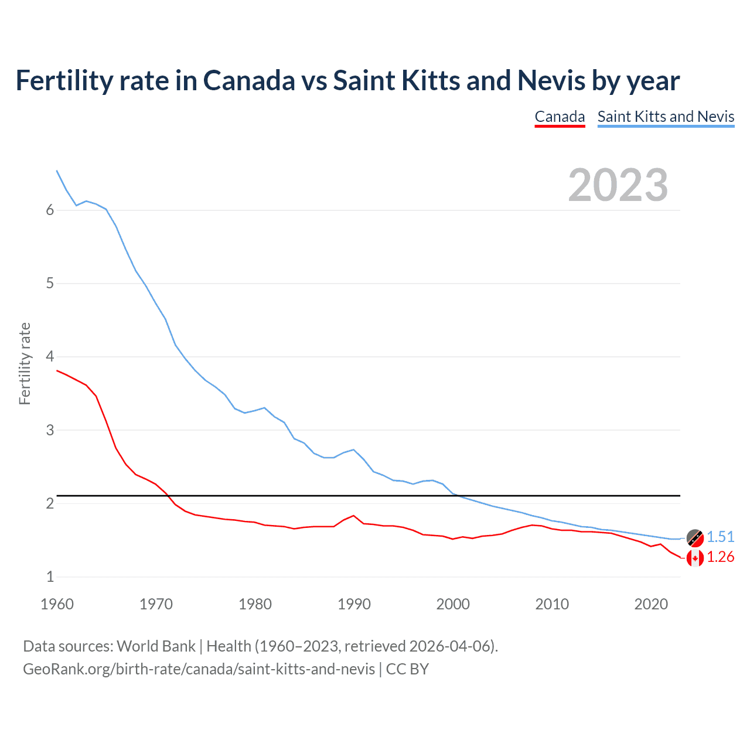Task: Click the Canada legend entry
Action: (560, 117)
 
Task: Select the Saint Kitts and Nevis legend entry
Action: (666, 117)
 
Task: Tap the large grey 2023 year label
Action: (618, 185)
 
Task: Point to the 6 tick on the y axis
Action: (50, 210)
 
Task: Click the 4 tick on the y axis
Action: (50, 357)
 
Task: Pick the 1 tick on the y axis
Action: (50, 577)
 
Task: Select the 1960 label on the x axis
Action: (57, 604)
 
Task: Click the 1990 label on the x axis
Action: (354, 604)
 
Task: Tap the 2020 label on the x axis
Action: (651, 604)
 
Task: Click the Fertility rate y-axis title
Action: (25, 363)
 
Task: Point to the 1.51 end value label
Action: (720, 537)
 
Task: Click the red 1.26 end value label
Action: (720, 557)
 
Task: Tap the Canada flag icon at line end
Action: (695, 558)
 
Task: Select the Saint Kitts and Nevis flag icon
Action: (695, 537)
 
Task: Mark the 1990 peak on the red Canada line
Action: (353, 516)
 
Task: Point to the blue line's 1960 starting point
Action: (57, 171)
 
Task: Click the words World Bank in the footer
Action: (156, 646)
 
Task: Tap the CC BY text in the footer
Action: (407, 669)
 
